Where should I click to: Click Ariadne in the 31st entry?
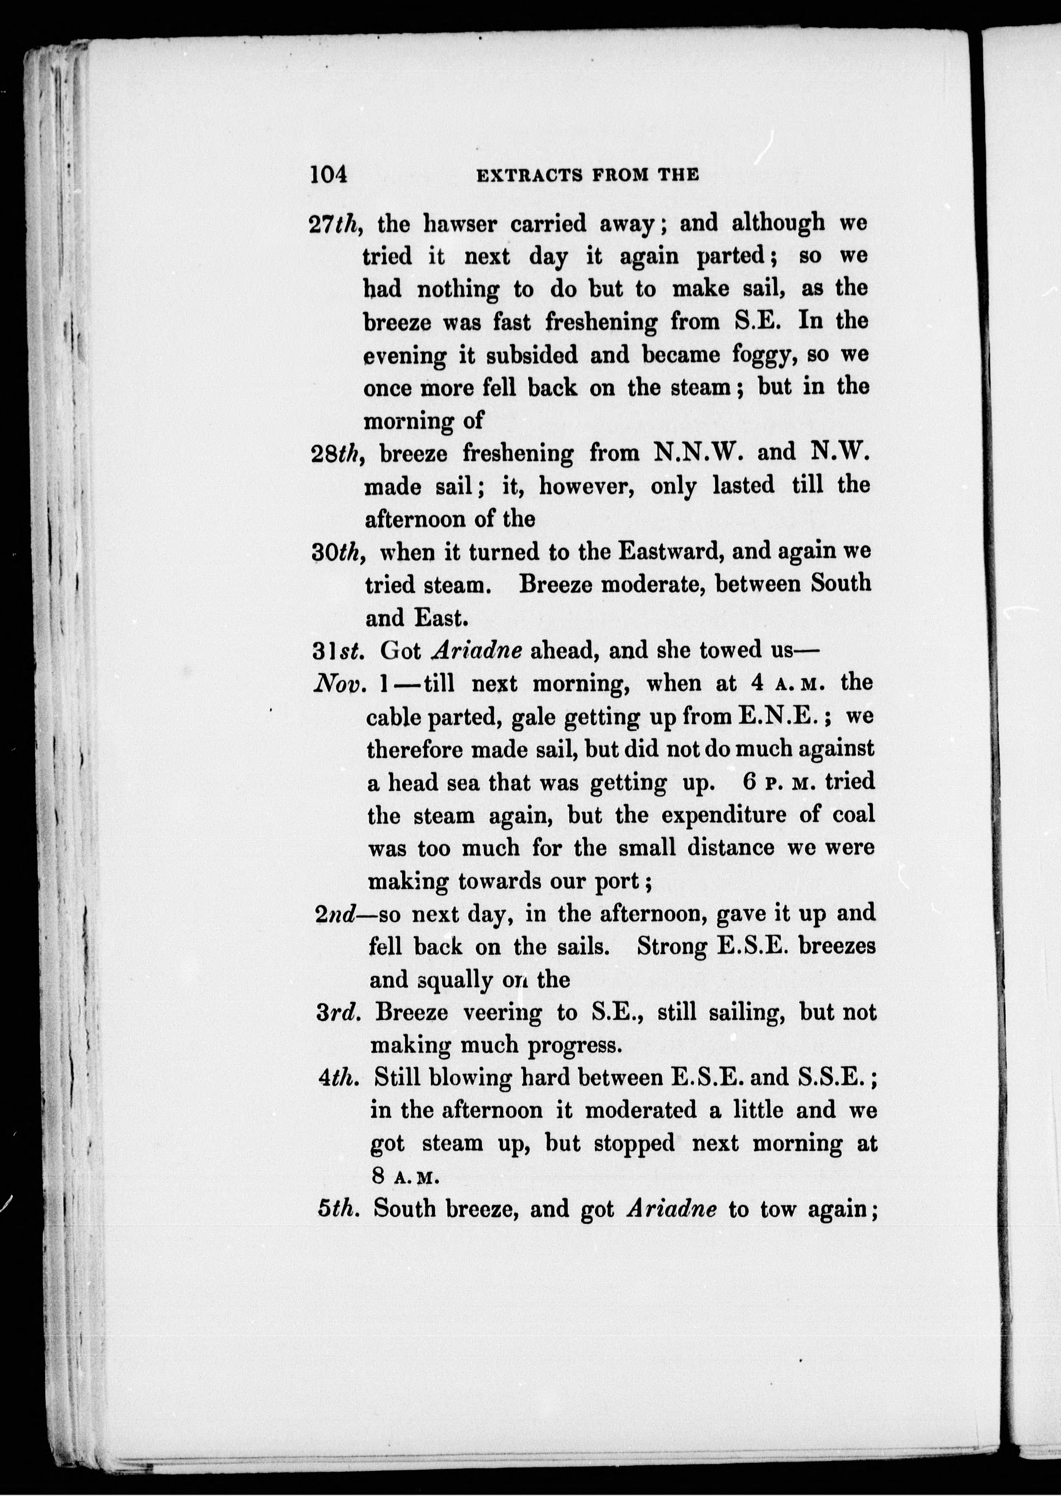(x=478, y=650)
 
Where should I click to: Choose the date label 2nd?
(x=335, y=914)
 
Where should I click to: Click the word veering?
(x=502, y=1013)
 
